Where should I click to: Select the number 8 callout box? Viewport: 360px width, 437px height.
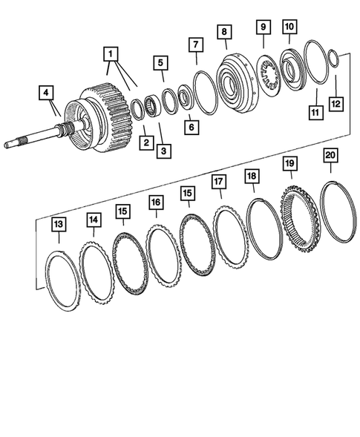[x=223, y=32]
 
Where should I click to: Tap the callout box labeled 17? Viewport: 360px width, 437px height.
[x=218, y=181]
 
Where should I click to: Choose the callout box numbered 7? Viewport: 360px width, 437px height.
[x=195, y=46]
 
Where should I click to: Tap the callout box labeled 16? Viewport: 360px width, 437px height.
[x=155, y=202]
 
